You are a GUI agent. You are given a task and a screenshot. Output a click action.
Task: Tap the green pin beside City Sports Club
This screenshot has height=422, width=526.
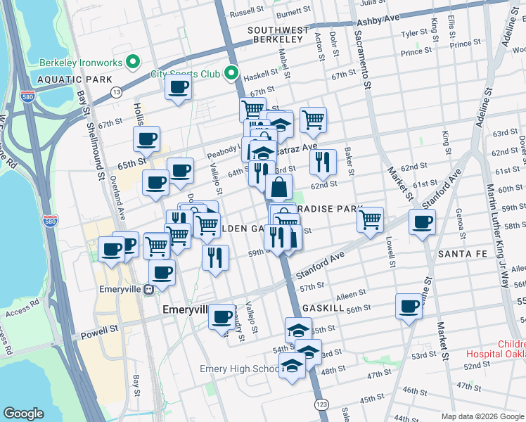(231, 73)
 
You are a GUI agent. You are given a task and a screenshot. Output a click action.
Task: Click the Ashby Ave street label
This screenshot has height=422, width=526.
(378, 21)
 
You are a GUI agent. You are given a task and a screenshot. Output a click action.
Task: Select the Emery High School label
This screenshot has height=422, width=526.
(239, 369)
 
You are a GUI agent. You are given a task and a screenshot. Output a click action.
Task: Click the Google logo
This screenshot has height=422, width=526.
(24, 414)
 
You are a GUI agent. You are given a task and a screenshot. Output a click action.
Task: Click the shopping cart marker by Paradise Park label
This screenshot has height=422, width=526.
(370, 219)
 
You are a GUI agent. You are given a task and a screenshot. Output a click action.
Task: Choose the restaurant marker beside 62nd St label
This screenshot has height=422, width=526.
(323, 161)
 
